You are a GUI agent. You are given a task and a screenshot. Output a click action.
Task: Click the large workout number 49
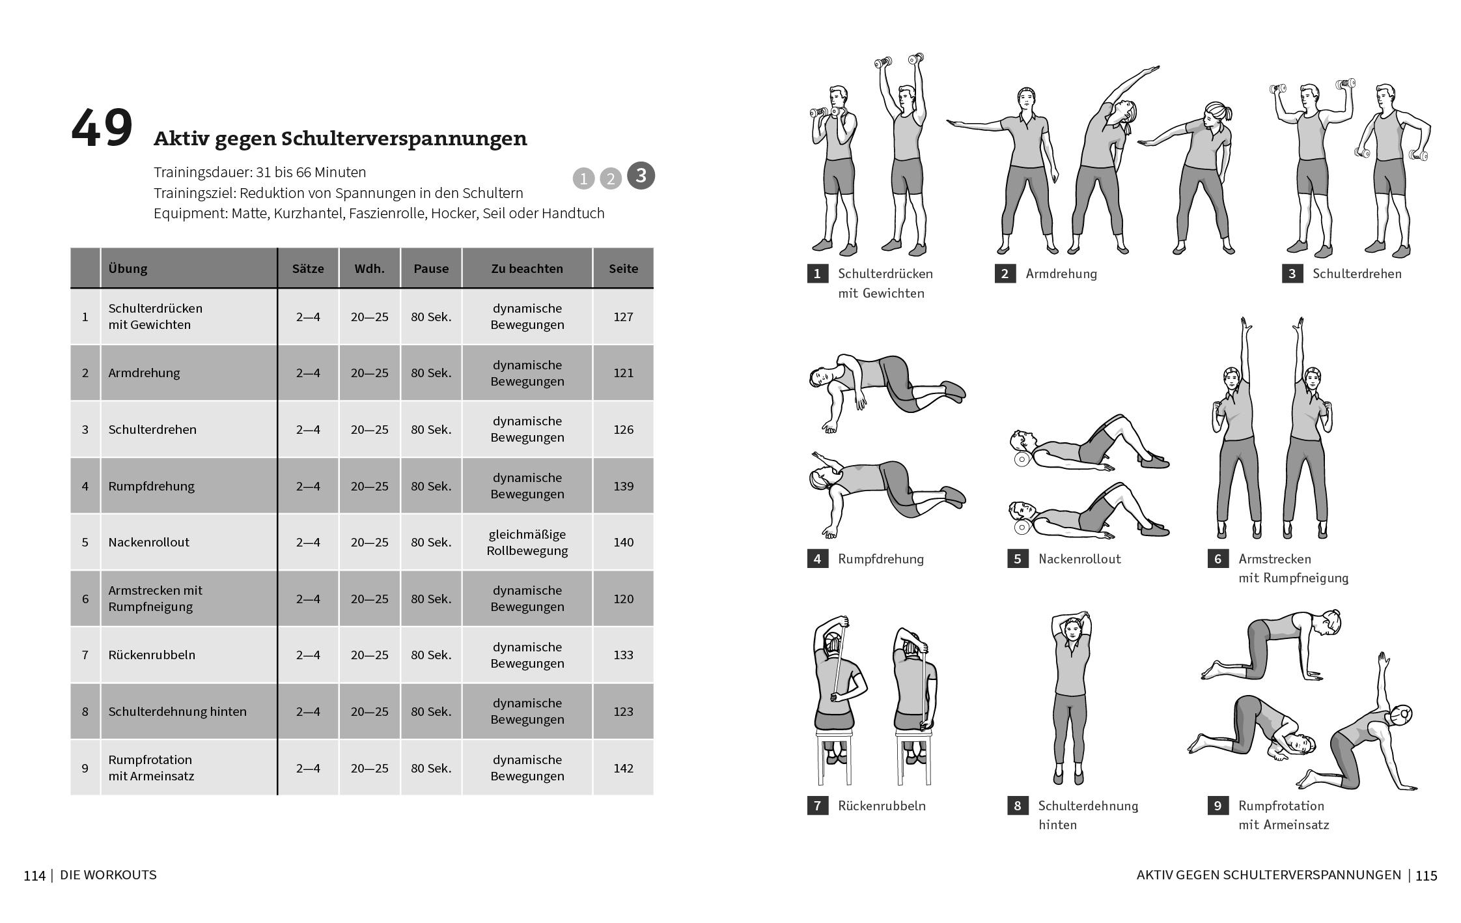(x=102, y=129)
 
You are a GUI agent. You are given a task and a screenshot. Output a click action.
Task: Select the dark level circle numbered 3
(x=641, y=175)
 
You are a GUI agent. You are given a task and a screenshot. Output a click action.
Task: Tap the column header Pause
(x=431, y=268)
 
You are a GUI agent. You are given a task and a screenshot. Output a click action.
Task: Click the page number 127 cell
(x=623, y=317)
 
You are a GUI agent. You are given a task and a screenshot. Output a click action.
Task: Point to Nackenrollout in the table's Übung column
(x=148, y=542)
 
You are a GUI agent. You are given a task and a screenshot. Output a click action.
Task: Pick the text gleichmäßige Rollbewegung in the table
(x=527, y=542)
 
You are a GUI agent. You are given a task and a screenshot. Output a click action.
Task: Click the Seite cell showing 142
(x=623, y=768)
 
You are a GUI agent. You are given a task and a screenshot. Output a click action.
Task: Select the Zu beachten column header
(x=527, y=268)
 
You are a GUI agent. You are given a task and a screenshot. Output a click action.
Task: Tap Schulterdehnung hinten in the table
(x=177, y=711)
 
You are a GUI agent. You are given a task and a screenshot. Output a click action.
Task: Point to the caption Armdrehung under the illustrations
(x=1061, y=274)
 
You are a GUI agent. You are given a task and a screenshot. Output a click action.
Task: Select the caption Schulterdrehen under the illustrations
(x=1356, y=274)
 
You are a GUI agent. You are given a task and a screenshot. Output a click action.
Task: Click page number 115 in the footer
(x=1426, y=875)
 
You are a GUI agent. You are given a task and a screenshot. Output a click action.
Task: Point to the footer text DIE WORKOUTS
(x=108, y=875)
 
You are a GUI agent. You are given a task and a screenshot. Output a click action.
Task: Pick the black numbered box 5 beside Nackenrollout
(x=1018, y=559)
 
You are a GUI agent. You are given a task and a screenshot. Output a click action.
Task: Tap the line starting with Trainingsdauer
(x=260, y=172)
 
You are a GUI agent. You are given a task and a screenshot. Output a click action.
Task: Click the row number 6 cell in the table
(x=85, y=599)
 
